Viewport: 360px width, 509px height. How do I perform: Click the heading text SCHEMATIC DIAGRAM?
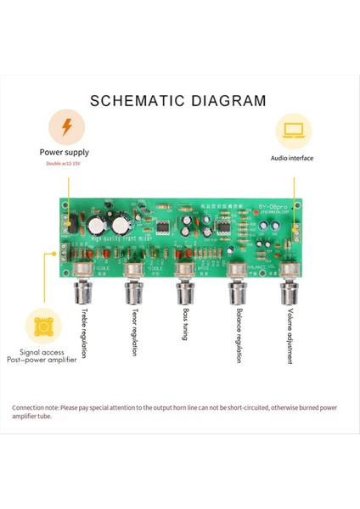[178, 101]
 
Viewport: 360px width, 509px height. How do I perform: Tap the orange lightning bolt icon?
[65, 128]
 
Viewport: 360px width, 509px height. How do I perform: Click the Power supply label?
[65, 154]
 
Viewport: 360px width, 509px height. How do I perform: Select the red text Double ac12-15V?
[65, 165]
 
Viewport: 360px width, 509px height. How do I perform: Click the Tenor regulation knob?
[133, 293]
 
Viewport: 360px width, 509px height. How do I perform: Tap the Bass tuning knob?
[183, 293]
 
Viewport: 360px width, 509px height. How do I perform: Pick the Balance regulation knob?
[236, 293]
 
